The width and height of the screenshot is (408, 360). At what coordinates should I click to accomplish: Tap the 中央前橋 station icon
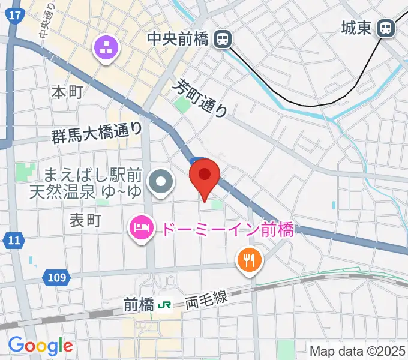[223, 40]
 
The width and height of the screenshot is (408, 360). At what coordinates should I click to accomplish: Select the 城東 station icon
[386, 28]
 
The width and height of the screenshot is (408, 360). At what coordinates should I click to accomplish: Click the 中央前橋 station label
[177, 40]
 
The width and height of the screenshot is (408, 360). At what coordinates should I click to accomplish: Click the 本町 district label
[67, 92]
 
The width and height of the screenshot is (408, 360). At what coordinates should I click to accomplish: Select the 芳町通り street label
[202, 98]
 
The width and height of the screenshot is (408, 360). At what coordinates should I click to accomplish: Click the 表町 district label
[85, 220]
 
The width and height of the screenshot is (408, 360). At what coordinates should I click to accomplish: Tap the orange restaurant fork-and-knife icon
[249, 260]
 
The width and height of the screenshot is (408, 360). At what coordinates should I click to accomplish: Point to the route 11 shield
[13, 241]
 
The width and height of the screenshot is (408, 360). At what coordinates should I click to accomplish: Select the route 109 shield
[56, 278]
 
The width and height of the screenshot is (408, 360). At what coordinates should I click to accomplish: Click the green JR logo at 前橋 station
[164, 305]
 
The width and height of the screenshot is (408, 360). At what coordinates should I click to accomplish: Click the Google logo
[40, 345]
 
